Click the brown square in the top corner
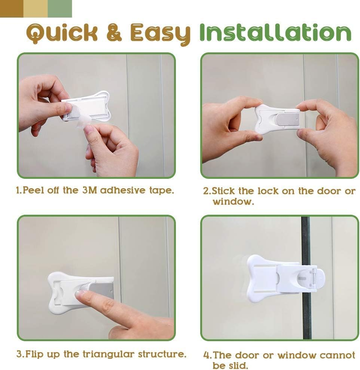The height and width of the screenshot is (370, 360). click(12, 9)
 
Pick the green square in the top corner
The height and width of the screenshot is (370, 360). click(60, 9)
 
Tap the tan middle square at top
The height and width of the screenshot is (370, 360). click(36, 9)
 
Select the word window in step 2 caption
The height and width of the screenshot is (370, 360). click(233, 202)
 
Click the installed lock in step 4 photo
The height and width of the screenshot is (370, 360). click(281, 279)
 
